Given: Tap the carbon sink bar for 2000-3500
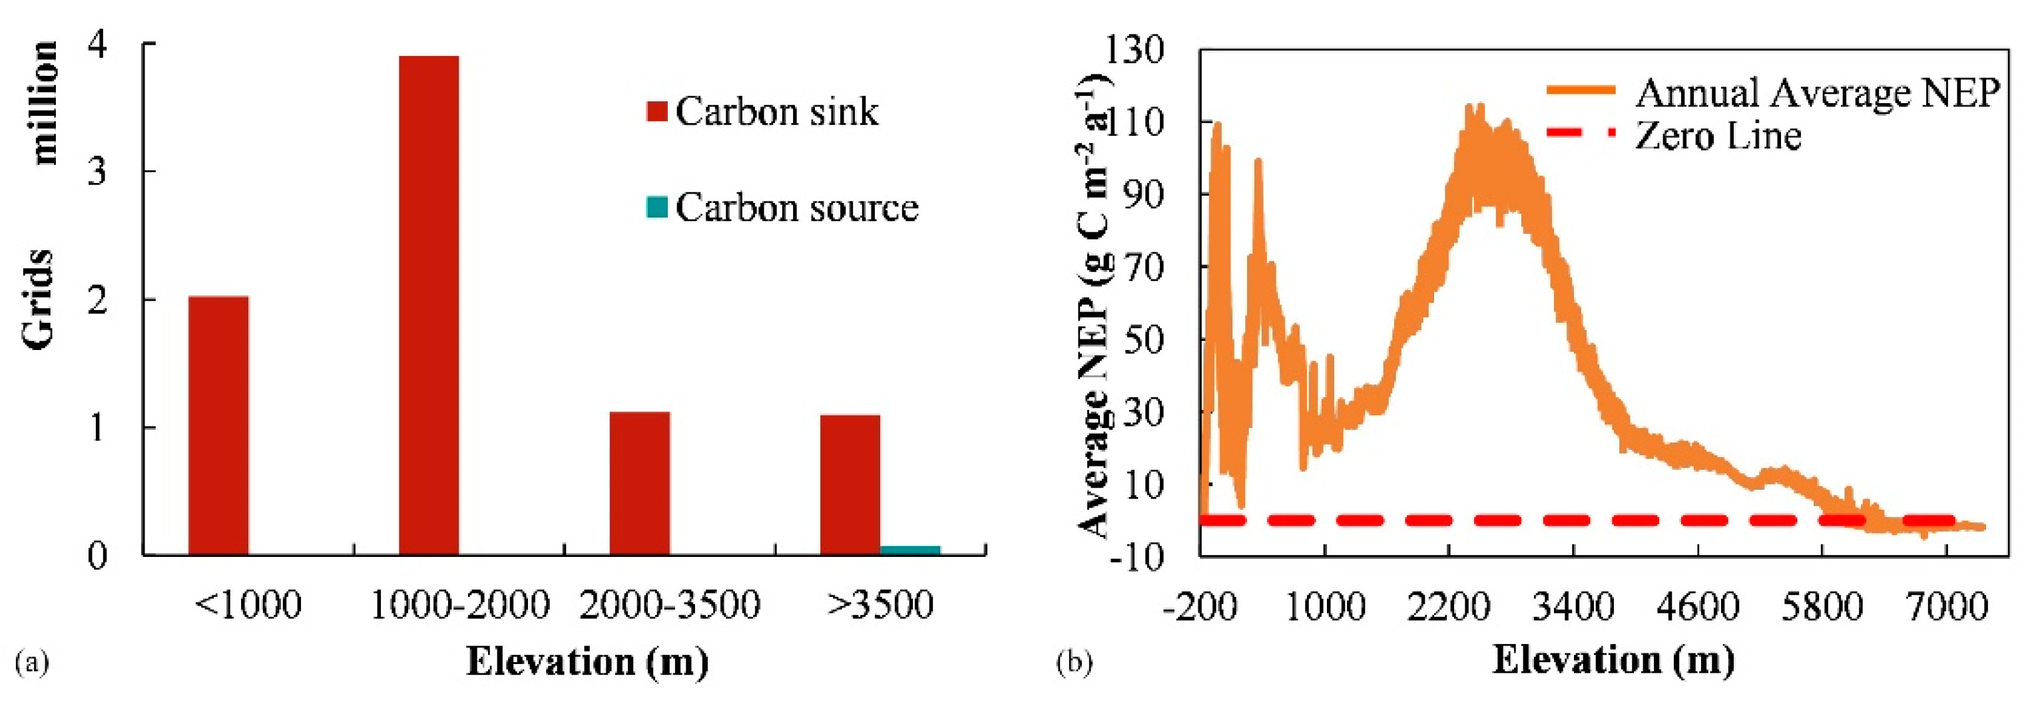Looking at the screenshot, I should point(640,483).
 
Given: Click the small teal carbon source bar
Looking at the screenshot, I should point(911,550).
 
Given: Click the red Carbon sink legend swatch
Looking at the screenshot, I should point(657,112).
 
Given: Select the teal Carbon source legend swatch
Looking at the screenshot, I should point(657,207).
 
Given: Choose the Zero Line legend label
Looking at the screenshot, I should point(1718,135).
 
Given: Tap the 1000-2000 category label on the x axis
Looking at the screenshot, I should point(459,606).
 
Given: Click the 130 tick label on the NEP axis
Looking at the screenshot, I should point(1136,51).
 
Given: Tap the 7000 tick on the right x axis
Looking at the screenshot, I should point(1946,607).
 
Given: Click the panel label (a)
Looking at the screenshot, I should point(33,661).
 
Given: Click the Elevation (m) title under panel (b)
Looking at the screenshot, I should point(1613,659).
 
